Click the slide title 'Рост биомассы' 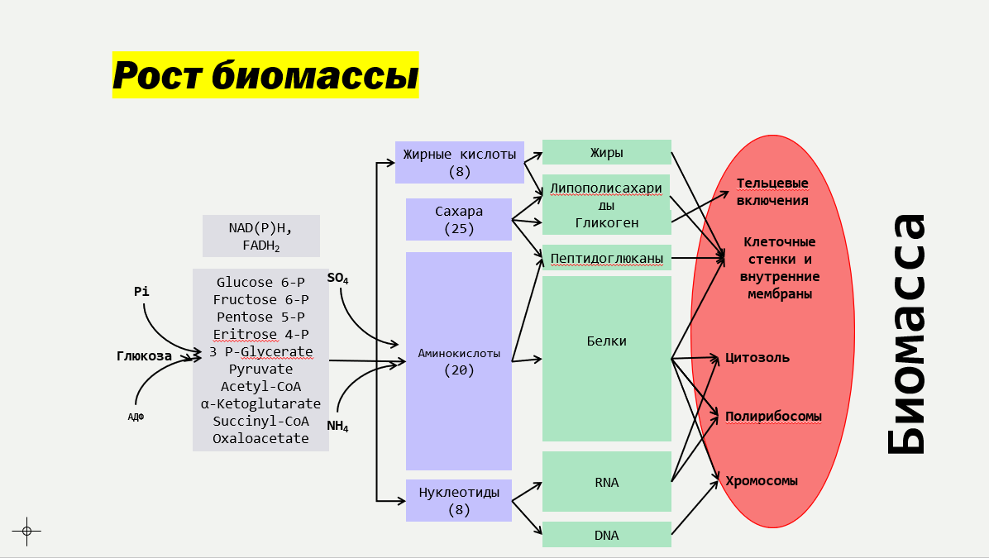point(265,75)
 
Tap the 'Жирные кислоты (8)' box point(459,162)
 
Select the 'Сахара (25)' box point(459,219)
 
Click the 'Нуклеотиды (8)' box point(459,500)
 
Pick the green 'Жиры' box point(606,152)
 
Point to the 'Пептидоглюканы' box point(606,259)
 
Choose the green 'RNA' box point(606,482)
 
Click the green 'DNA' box point(606,535)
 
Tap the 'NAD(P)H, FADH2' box point(260,236)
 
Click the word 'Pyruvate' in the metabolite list point(260,369)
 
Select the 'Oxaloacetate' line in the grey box point(260,438)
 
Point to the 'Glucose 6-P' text point(260,282)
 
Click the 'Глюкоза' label point(144,356)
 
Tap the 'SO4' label point(337,279)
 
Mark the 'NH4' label point(337,427)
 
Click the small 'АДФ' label point(136,417)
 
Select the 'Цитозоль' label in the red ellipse point(757,357)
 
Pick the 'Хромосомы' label point(761,480)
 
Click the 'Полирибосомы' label point(773,416)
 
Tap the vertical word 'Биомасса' point(906,333)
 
